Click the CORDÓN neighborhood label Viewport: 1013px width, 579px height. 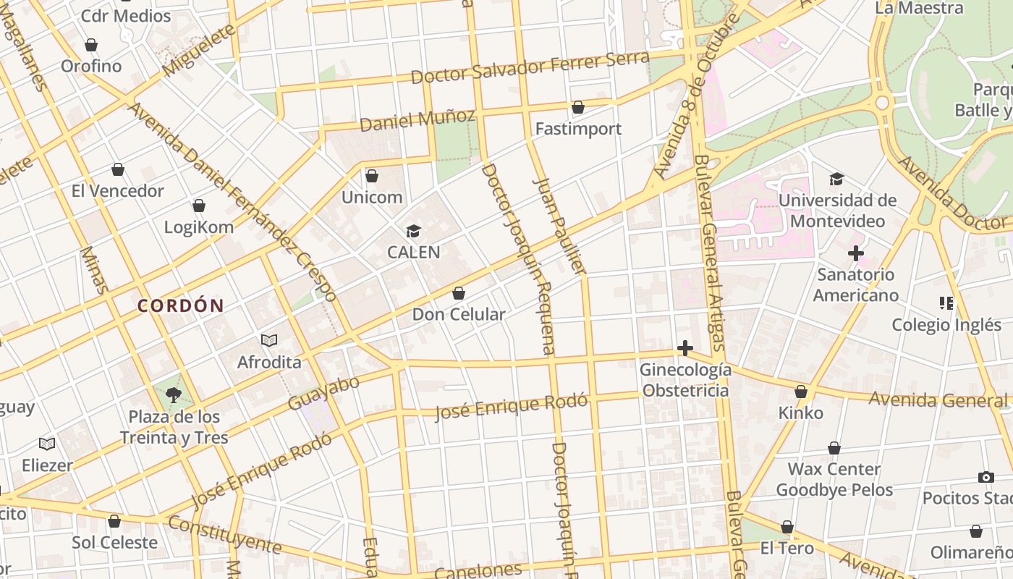point(180,305)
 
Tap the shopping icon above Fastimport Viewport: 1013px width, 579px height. point(578,108)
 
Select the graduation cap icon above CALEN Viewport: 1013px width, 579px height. point(413,231)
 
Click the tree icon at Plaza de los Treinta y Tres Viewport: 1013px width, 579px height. point(173,395)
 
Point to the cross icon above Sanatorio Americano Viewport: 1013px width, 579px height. point(855,253)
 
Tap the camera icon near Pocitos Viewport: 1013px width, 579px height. point(986,477)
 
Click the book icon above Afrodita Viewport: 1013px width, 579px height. point(269,340)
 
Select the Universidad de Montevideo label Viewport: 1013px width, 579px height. point(837,211)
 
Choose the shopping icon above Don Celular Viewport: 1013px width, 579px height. point(458,293)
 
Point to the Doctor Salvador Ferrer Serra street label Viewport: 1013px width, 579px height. point(530,67)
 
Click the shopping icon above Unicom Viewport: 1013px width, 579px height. point(372,176)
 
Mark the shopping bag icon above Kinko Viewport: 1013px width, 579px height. point(801,392)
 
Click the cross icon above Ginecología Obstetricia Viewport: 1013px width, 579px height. point(684,349)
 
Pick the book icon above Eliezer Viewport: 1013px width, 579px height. point(47,444)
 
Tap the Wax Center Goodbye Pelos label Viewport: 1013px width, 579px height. point(834,479)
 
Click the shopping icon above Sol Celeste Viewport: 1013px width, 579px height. point(114,521)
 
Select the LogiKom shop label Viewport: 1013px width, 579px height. point(198,227)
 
